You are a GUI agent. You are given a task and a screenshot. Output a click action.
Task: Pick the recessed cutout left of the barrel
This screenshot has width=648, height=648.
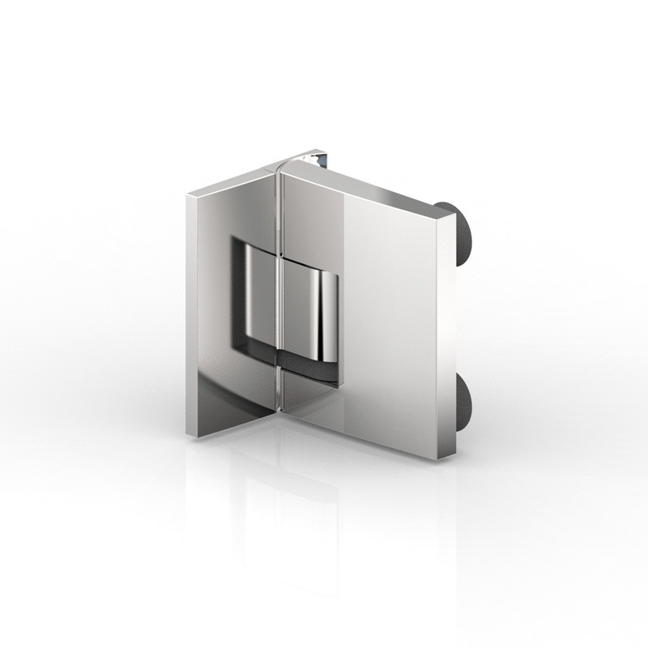pyautogui.click(x=243, y=300)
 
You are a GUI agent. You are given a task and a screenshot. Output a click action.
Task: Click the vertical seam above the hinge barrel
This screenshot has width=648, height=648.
pyautogui.click(x=277, y=211)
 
